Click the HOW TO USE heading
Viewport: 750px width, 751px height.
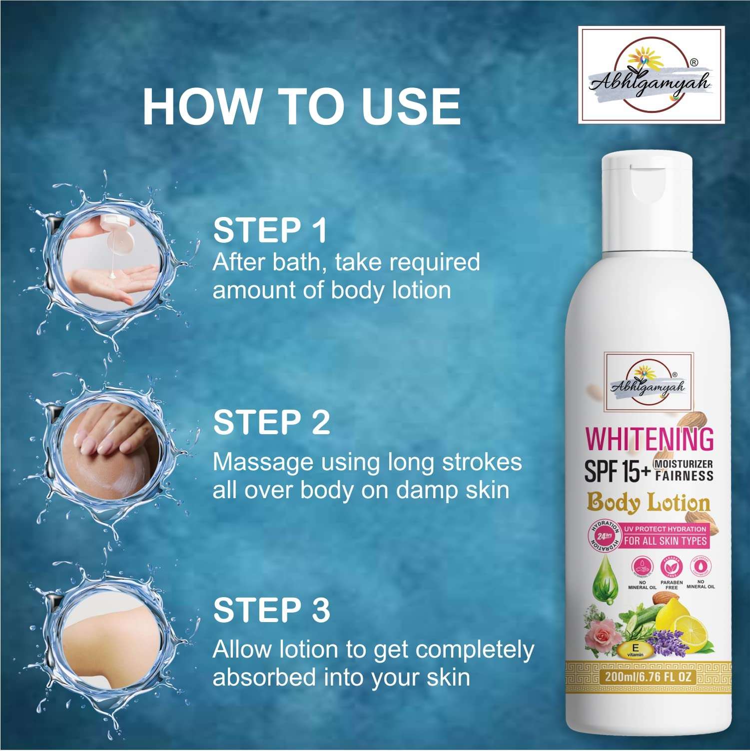click(301, 107)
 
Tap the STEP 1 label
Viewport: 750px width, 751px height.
click(270, 230)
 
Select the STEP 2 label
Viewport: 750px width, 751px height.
click(271, 422)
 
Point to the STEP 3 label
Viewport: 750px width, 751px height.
click(271, 610)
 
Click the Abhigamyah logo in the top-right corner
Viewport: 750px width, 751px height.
click(651, 75)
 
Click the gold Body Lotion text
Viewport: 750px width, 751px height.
click(648, 503)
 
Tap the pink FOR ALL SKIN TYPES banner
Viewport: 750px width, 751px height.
click(665, 541)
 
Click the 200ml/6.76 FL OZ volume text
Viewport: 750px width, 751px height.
click(648, 677)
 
